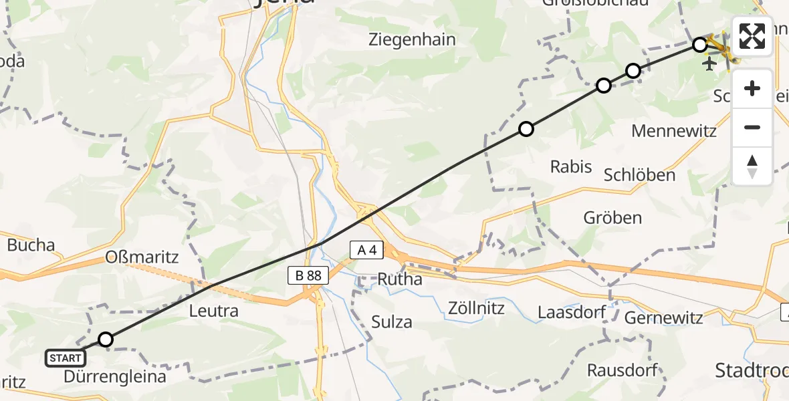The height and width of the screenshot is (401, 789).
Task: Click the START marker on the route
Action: pos(66,358)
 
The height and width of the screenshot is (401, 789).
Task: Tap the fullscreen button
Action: pos(752,36)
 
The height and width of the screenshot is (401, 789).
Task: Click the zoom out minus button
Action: pos(752,127)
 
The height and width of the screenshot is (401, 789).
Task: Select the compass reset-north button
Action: pos(752,166)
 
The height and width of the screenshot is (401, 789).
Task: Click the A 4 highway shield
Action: pos(366,251)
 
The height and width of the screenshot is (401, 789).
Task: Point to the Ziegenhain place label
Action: pos(412,40)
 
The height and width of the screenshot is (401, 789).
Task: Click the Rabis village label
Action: pos(571,166)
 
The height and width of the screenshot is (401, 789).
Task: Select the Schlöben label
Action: pos(639,176)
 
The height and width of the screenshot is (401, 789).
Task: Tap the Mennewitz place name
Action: pos(674,130)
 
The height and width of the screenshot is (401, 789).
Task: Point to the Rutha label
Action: pos(400,279)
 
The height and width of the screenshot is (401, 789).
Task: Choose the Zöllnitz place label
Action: pos(476,309)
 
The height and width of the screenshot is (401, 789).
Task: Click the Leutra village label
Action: pos(214,311)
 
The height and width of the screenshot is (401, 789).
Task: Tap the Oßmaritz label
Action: pos(142,257)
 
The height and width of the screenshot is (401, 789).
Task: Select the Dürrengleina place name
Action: pos(115,377)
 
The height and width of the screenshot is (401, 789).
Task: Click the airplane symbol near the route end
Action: pos(709,63)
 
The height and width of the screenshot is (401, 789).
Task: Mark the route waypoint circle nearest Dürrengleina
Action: pos(106,340)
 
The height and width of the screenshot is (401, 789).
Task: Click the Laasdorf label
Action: pos(572,312)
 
